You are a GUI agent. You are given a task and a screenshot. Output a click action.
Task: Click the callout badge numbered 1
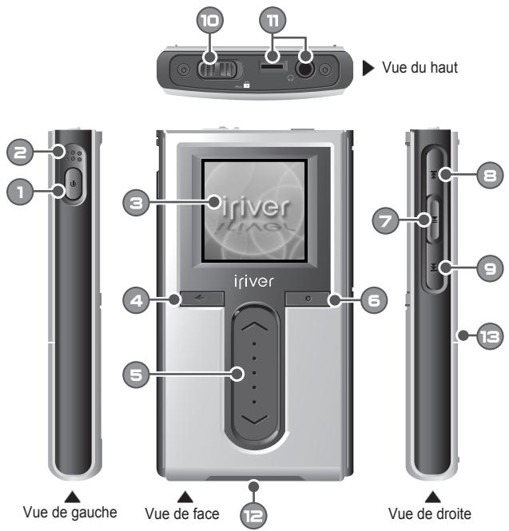[21, 190]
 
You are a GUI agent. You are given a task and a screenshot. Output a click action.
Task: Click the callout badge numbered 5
[141, 372]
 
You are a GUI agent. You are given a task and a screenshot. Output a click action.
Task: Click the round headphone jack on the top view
[304, 68]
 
